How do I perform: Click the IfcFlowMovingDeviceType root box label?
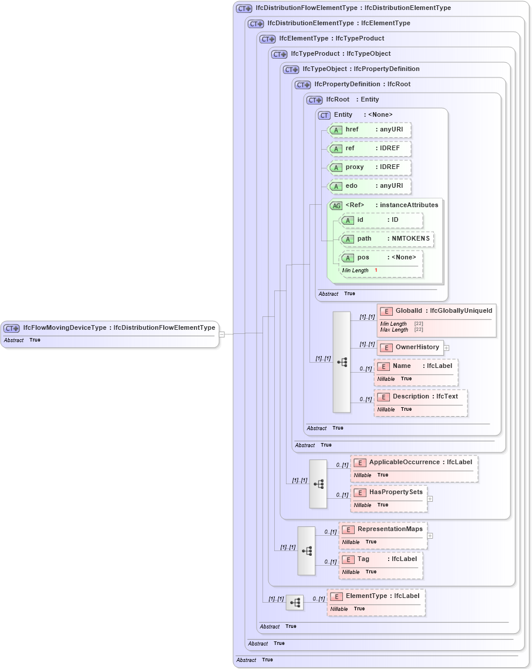(x=119, y=328)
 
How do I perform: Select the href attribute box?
(x=370, y=130)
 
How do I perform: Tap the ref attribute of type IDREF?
(x=370, y=148)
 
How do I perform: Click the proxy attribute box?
(x=370, y=167)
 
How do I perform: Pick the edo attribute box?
(x=370, y=186)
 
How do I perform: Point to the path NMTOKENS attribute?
(x=388, y=239)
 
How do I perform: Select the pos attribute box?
(x=382, y=258)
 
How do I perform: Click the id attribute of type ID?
(x=382, y=220)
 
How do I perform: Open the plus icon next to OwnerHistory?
(x=447, y=347)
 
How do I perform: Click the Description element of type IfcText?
(x=421, y=397)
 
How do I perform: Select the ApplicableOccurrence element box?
(x=415, y=462)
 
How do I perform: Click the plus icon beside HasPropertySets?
(x=430, y=499)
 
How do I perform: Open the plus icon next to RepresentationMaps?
(x=430, y=535)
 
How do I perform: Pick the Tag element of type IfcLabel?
(x=381, y=559)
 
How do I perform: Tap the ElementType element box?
(x=376, y=596)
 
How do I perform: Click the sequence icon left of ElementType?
(x=295, y=602)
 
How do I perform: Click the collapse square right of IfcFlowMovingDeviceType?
(x=222, y=334)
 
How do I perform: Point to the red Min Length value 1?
(x=376, y=271)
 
